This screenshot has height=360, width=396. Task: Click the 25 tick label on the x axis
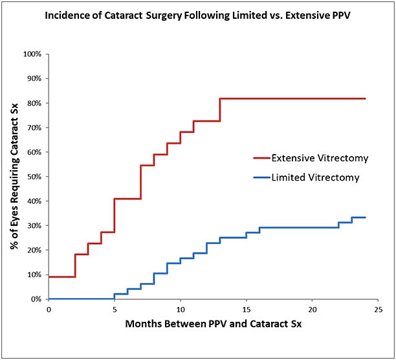point(378,309)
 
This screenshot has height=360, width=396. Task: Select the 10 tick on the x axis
point(181,309)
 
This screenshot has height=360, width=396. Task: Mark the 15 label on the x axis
point(247,309)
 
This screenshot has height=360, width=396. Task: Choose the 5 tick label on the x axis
point(115,309)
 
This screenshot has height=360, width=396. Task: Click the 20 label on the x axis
point(312,309)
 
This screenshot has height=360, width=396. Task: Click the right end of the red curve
point(366,98)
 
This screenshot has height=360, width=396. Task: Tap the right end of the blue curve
point(366,218)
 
